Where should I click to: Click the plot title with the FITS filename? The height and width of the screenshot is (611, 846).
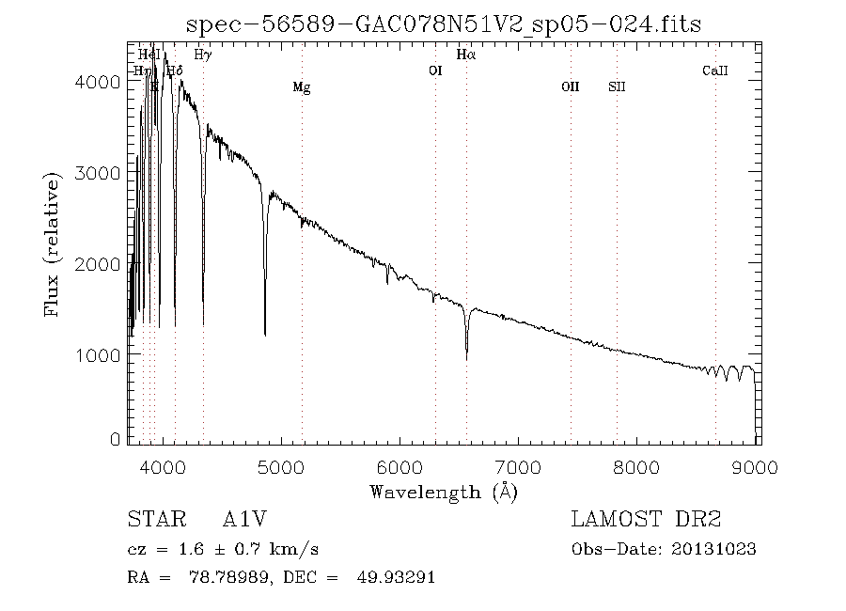tap(444, 23)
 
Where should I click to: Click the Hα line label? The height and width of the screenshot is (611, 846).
tap(466, 55)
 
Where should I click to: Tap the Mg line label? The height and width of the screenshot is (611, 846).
tap(301, 87)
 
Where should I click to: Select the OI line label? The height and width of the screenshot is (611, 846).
tap(435, 70)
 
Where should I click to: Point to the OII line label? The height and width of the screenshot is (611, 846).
tap(571, 87)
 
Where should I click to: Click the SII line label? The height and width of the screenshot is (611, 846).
tap(617, 87)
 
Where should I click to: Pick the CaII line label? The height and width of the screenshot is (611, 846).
tap(715, 70)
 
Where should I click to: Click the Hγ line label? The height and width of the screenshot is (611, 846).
tap(202, 55)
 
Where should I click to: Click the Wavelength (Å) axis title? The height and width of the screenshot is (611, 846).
tap(444, 491)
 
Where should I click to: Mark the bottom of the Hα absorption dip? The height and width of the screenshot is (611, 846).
tap(467, 357)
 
